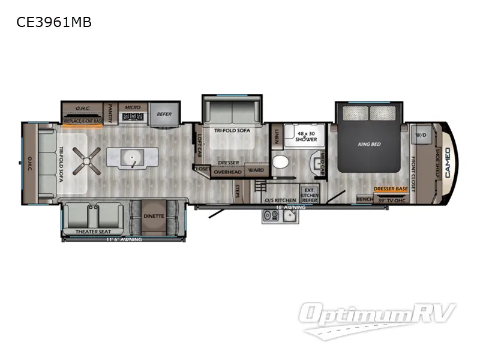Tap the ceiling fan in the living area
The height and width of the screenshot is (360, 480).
88,158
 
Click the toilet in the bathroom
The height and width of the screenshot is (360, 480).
280,162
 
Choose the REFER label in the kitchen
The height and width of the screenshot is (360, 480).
164,113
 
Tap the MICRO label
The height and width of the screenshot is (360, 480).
133,107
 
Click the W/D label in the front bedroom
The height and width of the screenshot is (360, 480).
420,135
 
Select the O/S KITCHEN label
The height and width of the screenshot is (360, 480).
280,200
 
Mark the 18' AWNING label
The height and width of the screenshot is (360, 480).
290,208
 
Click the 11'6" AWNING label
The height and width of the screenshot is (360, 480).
124,240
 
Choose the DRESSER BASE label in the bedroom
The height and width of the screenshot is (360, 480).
391,189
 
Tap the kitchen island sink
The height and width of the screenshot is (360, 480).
128,158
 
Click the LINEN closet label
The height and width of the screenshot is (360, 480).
277,137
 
